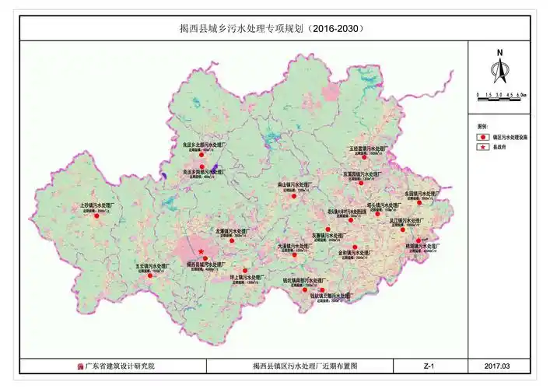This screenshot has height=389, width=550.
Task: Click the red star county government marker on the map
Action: [201, 251]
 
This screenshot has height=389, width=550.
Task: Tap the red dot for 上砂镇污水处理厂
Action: [97, 216]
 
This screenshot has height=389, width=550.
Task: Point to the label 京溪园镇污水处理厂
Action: [364, 174]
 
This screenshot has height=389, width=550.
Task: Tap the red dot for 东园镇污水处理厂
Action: [419, 203]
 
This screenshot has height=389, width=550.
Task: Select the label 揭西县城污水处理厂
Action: [207, 264]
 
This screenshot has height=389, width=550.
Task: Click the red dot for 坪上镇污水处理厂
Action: [245, 271]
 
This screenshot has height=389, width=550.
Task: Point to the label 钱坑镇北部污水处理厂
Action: [331, 296]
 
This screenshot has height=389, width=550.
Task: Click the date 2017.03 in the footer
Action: [496, 366]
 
